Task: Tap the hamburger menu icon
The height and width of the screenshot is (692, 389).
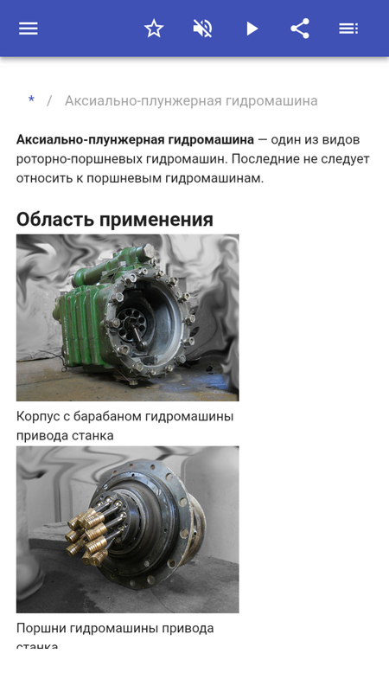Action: point(29,29)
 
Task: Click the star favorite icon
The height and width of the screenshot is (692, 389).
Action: point(154,29)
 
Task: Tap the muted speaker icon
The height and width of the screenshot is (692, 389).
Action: point(202,29)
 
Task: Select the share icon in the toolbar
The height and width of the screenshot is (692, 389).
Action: point(300,29)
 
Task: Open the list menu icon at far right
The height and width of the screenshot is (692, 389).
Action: point(348,29)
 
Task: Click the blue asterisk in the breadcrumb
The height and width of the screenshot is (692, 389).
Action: point(31,99)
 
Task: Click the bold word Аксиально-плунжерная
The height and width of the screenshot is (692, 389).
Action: point(91,140)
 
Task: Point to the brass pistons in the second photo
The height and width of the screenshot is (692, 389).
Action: point(88,535)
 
